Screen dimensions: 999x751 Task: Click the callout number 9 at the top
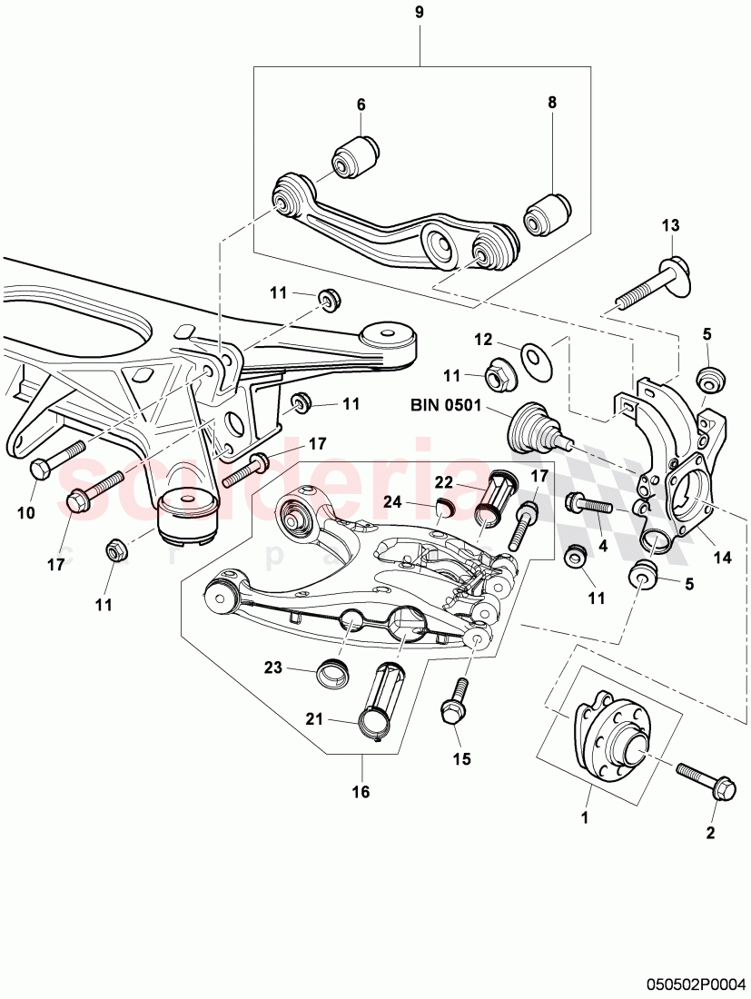(x=419, y=15)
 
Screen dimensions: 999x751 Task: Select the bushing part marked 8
(x=547, y=212)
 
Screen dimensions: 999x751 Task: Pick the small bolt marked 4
(x=592, y=503)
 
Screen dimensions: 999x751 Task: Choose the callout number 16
(x=361, y=792)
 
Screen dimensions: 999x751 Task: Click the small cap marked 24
(x=442, y=507)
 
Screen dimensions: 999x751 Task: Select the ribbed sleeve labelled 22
(x=496, y=498)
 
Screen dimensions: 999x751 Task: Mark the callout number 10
(x=25, y=513)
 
